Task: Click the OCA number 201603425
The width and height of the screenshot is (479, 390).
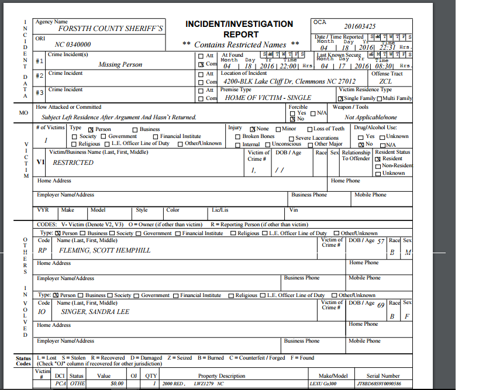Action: point(360,26)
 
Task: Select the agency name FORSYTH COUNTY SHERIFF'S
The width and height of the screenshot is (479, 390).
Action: point(111,28)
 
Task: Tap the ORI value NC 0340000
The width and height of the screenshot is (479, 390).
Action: point(73,44)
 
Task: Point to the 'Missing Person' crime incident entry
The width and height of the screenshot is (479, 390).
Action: point(120,65)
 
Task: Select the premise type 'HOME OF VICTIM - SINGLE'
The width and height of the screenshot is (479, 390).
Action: point(268,98)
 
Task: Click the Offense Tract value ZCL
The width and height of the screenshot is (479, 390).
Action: point(385,82)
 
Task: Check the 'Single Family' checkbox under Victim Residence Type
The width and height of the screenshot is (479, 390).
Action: point(342,98)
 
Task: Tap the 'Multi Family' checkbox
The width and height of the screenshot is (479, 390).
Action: point(380,98)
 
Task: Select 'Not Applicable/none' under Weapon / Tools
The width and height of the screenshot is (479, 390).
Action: point(371,117)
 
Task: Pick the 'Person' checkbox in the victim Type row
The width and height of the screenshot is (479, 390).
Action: point(91,129)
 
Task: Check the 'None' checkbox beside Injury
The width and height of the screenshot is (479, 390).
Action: point(253,129)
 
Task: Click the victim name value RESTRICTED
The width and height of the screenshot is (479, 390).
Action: point(73,163)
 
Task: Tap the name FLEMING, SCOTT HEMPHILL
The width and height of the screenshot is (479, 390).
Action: point(105,250)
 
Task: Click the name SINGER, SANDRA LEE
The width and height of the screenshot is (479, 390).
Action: point(95,312)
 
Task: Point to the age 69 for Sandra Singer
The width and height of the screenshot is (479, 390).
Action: point(381,305)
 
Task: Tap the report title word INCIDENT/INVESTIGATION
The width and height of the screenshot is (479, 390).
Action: point(239,24)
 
